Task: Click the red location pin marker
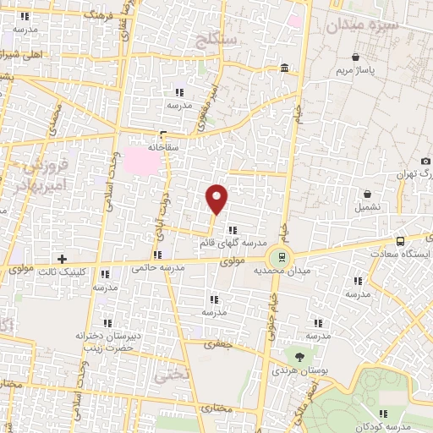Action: [217, 198]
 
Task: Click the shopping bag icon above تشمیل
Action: [367, 194]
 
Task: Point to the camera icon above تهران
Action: [422, 161]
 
